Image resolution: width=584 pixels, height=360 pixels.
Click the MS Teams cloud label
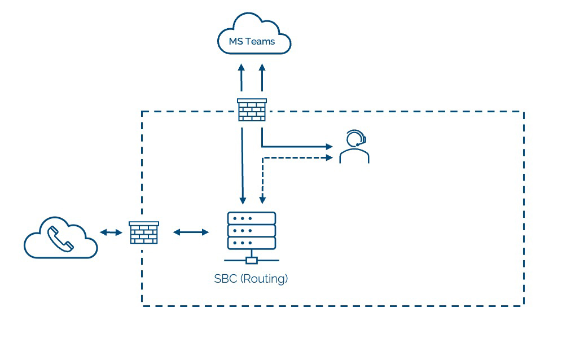click(252, 41)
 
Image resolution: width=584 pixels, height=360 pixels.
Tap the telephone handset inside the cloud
click(60, 239)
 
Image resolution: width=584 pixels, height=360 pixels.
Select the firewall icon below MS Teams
click(252, 110)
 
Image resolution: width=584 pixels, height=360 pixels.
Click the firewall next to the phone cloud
click(144, 232)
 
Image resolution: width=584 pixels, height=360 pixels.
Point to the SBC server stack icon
click(252, 238)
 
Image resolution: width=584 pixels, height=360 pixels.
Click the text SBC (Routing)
click(251, 279)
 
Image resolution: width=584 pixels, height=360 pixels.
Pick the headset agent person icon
click(354, 146)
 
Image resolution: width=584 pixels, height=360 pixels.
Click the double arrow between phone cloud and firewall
click(111, 232)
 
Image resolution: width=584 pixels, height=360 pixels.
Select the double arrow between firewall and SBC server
click(191, 232)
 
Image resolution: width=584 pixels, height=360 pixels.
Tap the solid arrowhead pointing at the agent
click(330, 147)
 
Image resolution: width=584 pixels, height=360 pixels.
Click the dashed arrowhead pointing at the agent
click(330, 158)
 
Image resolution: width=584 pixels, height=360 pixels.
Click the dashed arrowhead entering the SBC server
click(262, 200)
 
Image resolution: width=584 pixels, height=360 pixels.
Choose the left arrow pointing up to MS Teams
click(241, 77)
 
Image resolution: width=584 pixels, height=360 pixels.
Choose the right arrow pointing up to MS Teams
click(262, 77)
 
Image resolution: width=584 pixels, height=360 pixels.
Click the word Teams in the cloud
click(260, 41)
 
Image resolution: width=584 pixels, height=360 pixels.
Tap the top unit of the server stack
click(252, 218)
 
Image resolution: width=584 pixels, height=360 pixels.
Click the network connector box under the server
click(252, 260)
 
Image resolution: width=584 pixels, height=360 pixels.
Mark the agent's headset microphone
click(358, 144)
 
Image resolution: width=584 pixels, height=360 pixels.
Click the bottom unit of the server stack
click(252, 243)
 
